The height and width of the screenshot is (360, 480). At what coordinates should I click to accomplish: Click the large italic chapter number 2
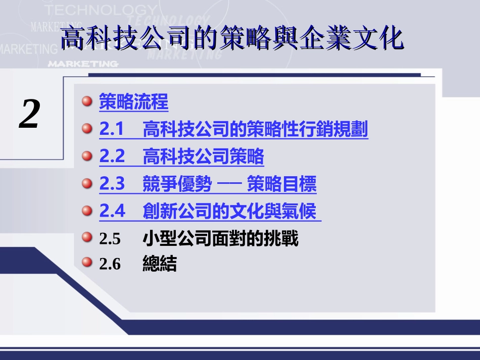[30, 114]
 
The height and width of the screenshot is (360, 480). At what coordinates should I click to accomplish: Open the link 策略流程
[133, 102]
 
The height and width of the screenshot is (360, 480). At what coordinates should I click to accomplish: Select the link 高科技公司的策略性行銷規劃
[255, 130]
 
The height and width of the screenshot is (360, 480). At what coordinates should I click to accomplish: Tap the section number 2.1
[112, 130]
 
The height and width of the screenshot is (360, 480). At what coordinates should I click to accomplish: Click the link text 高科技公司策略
[203, 157]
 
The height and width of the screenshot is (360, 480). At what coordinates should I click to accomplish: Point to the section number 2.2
[112, 157]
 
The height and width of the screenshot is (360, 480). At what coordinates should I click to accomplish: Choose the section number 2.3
[112, 184]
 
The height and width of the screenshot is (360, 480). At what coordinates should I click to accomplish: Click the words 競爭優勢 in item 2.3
[177, 184]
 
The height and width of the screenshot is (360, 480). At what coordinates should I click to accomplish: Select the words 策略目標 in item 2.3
[281, 184]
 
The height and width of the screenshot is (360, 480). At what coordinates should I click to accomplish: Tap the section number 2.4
[112, 211]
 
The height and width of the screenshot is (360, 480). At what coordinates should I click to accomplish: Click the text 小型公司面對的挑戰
[220, 238]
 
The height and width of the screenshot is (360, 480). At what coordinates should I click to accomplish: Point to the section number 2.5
[110, 239]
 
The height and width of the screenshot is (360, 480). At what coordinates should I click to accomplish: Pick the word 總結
[160, 264]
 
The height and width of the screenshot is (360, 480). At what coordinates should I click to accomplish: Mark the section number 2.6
[110, 264]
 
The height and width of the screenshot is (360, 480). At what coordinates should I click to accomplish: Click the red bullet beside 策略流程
[87, 101]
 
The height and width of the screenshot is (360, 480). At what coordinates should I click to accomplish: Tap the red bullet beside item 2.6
[87, 262]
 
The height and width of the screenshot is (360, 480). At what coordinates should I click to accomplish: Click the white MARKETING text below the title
[83, 64]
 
